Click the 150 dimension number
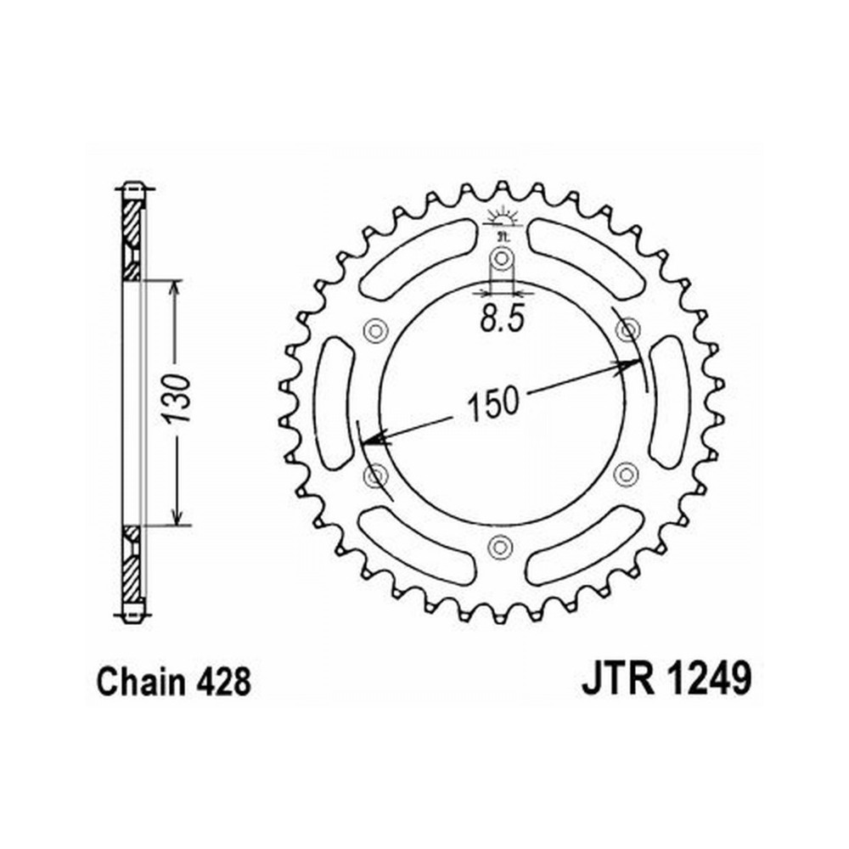tap(492, 403)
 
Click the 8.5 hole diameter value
tap(502, 321)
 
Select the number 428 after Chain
tap(223, 683)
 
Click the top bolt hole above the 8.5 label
tap(502, 258)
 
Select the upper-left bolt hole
tap(375, 330)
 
